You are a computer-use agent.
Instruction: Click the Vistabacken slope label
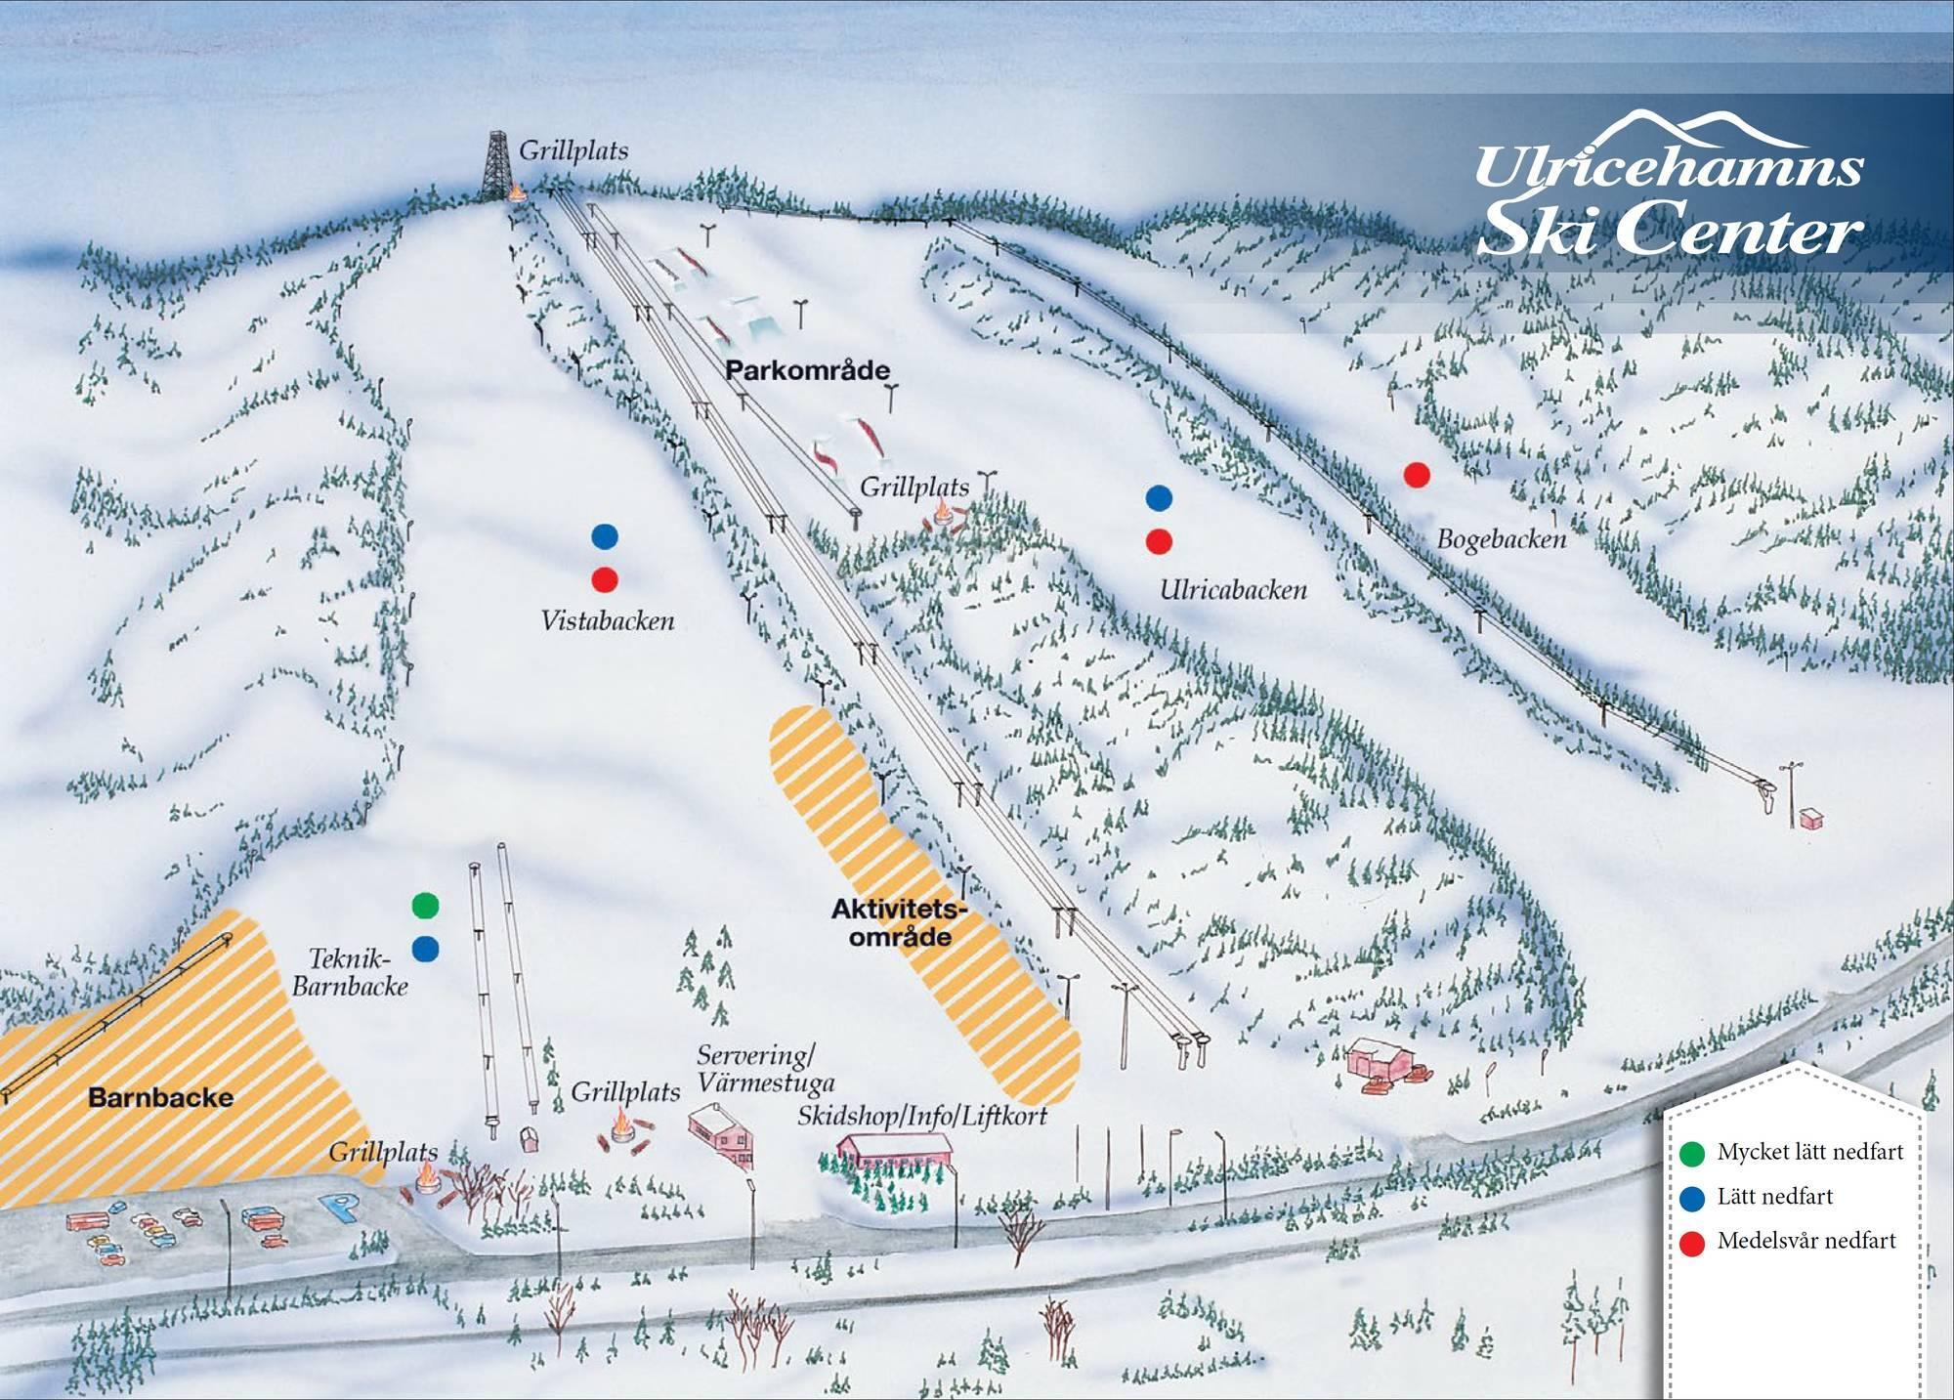[x=608, y=621]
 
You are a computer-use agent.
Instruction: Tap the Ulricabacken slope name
[x=1233, y=590]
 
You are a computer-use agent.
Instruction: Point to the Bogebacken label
[x=1501, y=539]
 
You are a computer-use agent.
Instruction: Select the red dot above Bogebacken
[x=1417, y=475]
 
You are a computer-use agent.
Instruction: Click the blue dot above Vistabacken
[x=605, y=536]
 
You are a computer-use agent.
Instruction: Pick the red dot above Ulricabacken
[x=1159, y=541]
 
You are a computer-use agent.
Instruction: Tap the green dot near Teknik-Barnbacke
[x=425, y=906]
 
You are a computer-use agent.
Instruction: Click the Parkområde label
[x=807, y=370]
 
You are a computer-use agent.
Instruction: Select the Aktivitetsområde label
[x=891, y=923]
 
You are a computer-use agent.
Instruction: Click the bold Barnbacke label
[x=161, y=1097]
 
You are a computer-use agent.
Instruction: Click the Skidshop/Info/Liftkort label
[x=921, y=1116]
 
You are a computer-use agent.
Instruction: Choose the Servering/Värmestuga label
[x=765, y=1069]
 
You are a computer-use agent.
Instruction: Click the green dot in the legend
[x=1692, y=1154]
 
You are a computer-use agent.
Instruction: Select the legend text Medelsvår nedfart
[x=1805, y=1241]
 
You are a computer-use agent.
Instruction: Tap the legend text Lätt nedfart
[x=1774, y=1197]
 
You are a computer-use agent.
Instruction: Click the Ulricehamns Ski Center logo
[x=1669, y=195]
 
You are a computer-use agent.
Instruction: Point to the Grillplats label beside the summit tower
[x=573, y=150]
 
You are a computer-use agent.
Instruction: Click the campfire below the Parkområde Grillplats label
[x=943, y=513]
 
